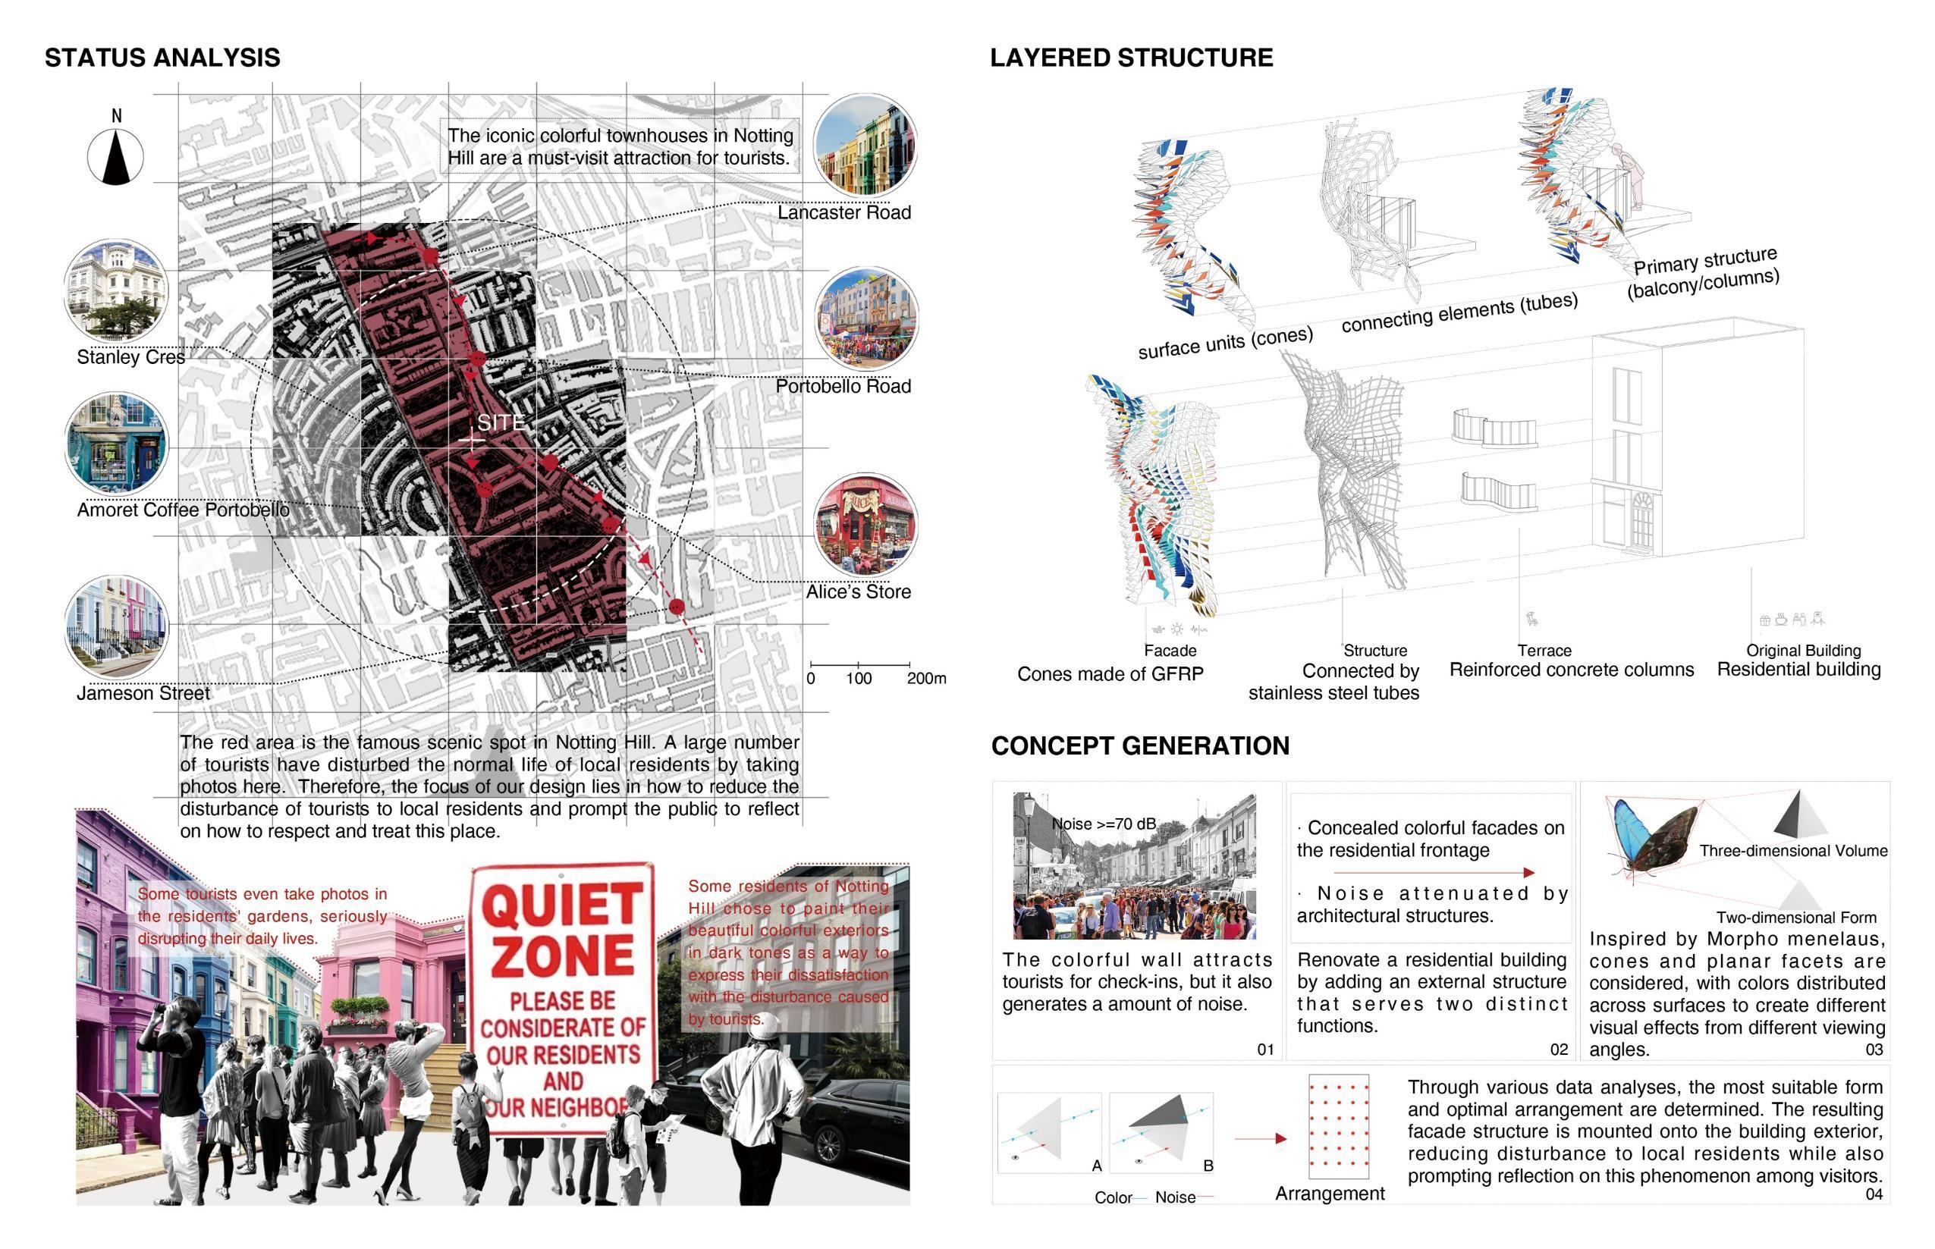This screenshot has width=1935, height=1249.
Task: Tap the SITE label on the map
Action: [501, 422]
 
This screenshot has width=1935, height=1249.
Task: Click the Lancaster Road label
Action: [843, 212]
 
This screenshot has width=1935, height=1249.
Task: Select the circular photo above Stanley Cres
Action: [116, 290]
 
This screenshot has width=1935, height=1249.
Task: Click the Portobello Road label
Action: [843, 386]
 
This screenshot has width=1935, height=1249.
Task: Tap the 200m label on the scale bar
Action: [926, 678]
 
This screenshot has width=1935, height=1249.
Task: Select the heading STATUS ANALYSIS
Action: [162, 58]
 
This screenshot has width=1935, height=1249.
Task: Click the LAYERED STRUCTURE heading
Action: [1130, 58]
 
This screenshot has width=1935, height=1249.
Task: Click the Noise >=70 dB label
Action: [1103, 824]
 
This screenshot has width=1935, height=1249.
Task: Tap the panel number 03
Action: [1874, 1050]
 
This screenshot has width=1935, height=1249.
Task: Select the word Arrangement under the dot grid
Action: [1329, 1193]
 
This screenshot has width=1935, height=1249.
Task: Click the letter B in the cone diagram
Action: [1208, 1166]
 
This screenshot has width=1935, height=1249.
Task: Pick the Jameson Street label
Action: [143, 693]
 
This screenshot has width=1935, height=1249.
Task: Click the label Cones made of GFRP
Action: [1110, 674]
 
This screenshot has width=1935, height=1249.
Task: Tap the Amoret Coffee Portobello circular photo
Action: [116, 444]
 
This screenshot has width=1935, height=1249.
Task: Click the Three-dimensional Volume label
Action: [1793, 851]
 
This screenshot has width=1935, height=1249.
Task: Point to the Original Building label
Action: [1803, 651]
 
